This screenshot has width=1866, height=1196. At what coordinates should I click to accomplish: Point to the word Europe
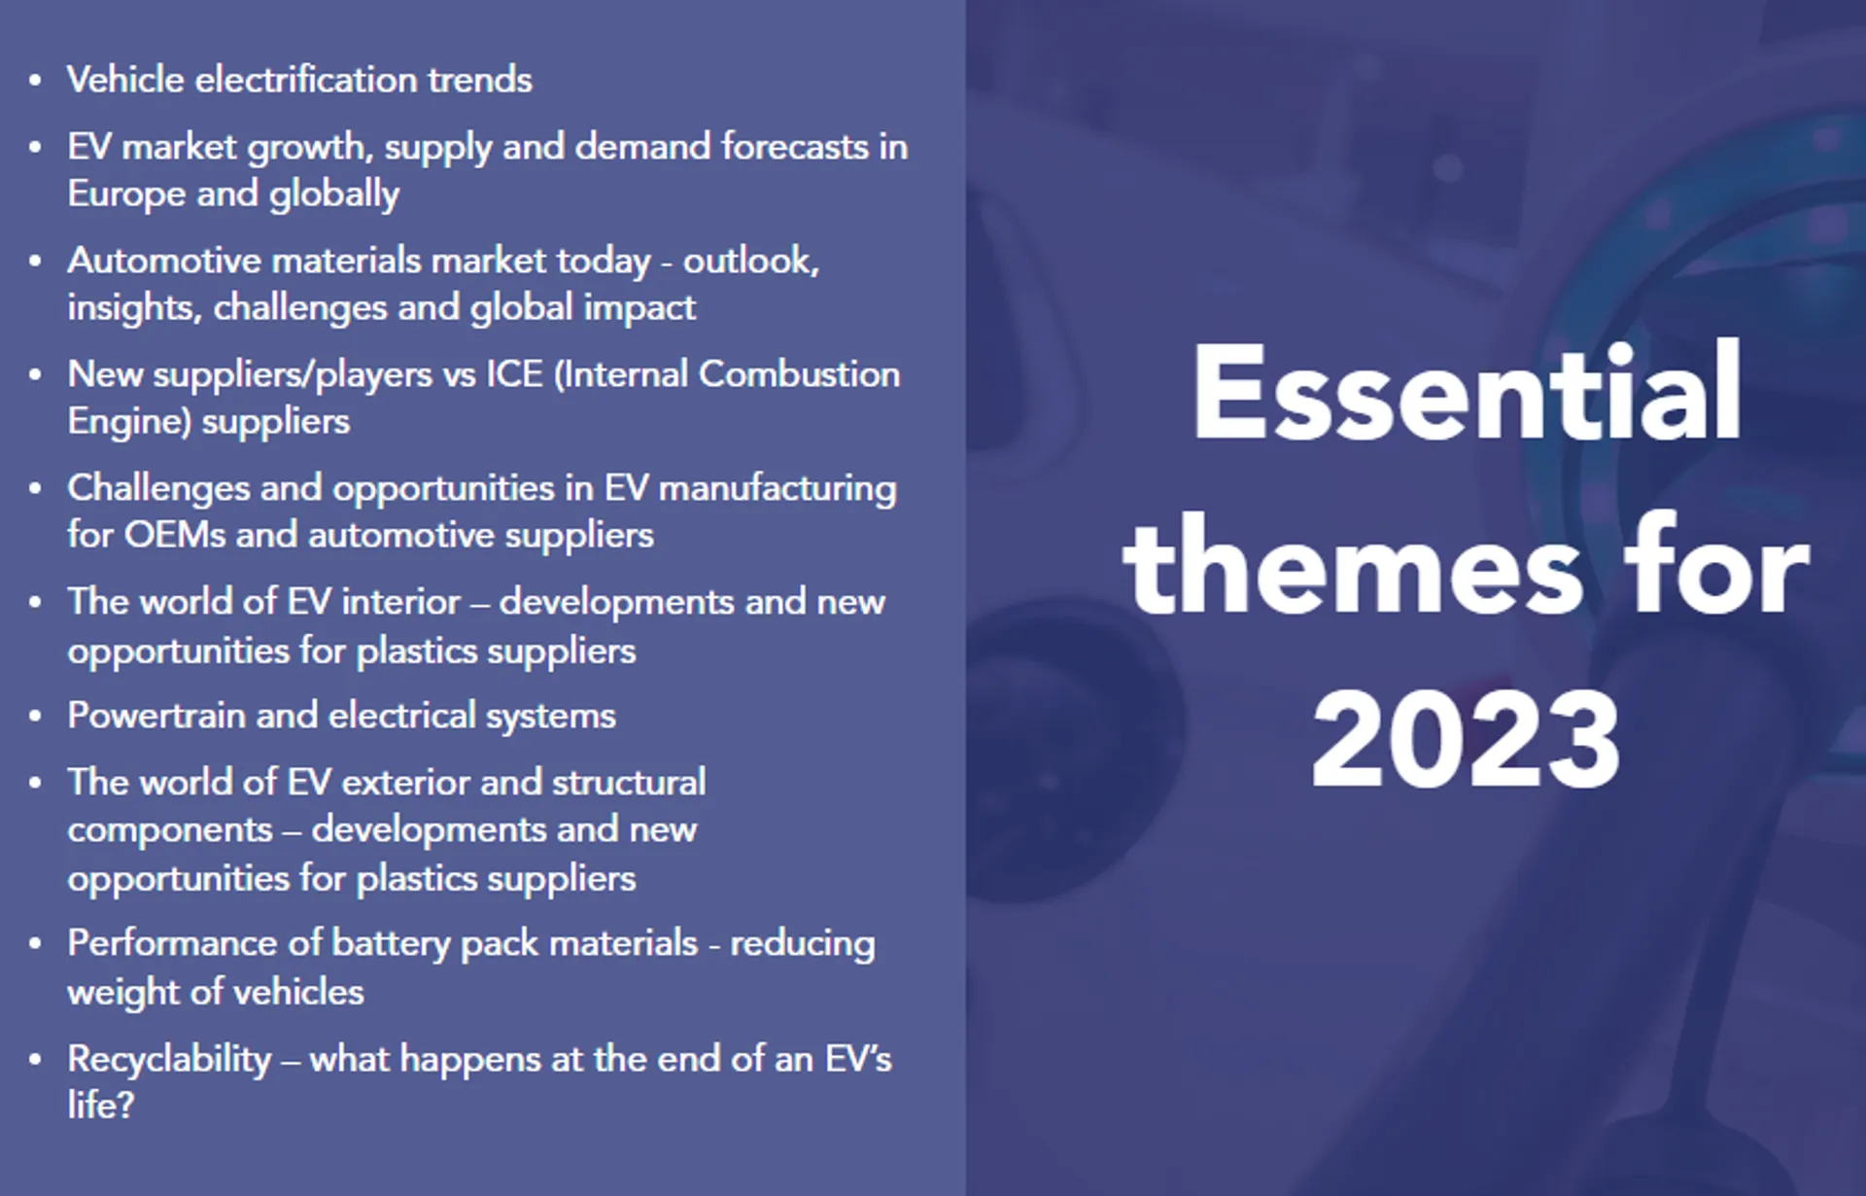click(x=126, y=193)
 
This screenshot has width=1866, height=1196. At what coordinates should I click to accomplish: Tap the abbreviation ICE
click(x=514, y=374)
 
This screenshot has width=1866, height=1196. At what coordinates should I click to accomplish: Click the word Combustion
click(x=799, y=374)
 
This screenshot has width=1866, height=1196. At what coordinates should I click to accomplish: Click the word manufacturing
click(x=777, y=488)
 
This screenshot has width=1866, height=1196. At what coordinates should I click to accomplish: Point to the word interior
click(x=400, y=602)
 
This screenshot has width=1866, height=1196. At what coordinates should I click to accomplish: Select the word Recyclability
click(x=169, y=1059)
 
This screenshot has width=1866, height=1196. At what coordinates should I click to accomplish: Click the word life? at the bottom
click(x=100, y=1106)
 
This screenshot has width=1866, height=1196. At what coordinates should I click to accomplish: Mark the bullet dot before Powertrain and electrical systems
click(x=36, y=717)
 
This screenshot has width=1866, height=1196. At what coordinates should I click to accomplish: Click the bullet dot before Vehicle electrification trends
click(x=36, y=81)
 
